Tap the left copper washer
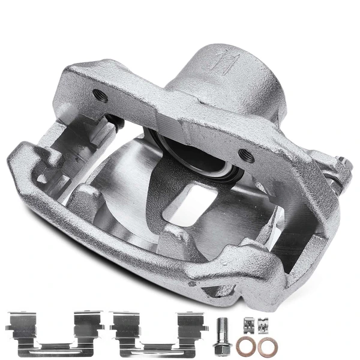click(x=244, y=346)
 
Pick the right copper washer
click(x=264, y=346)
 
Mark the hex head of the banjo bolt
click(x=221, y=349)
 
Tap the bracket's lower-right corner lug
click(x=264, y=282)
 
